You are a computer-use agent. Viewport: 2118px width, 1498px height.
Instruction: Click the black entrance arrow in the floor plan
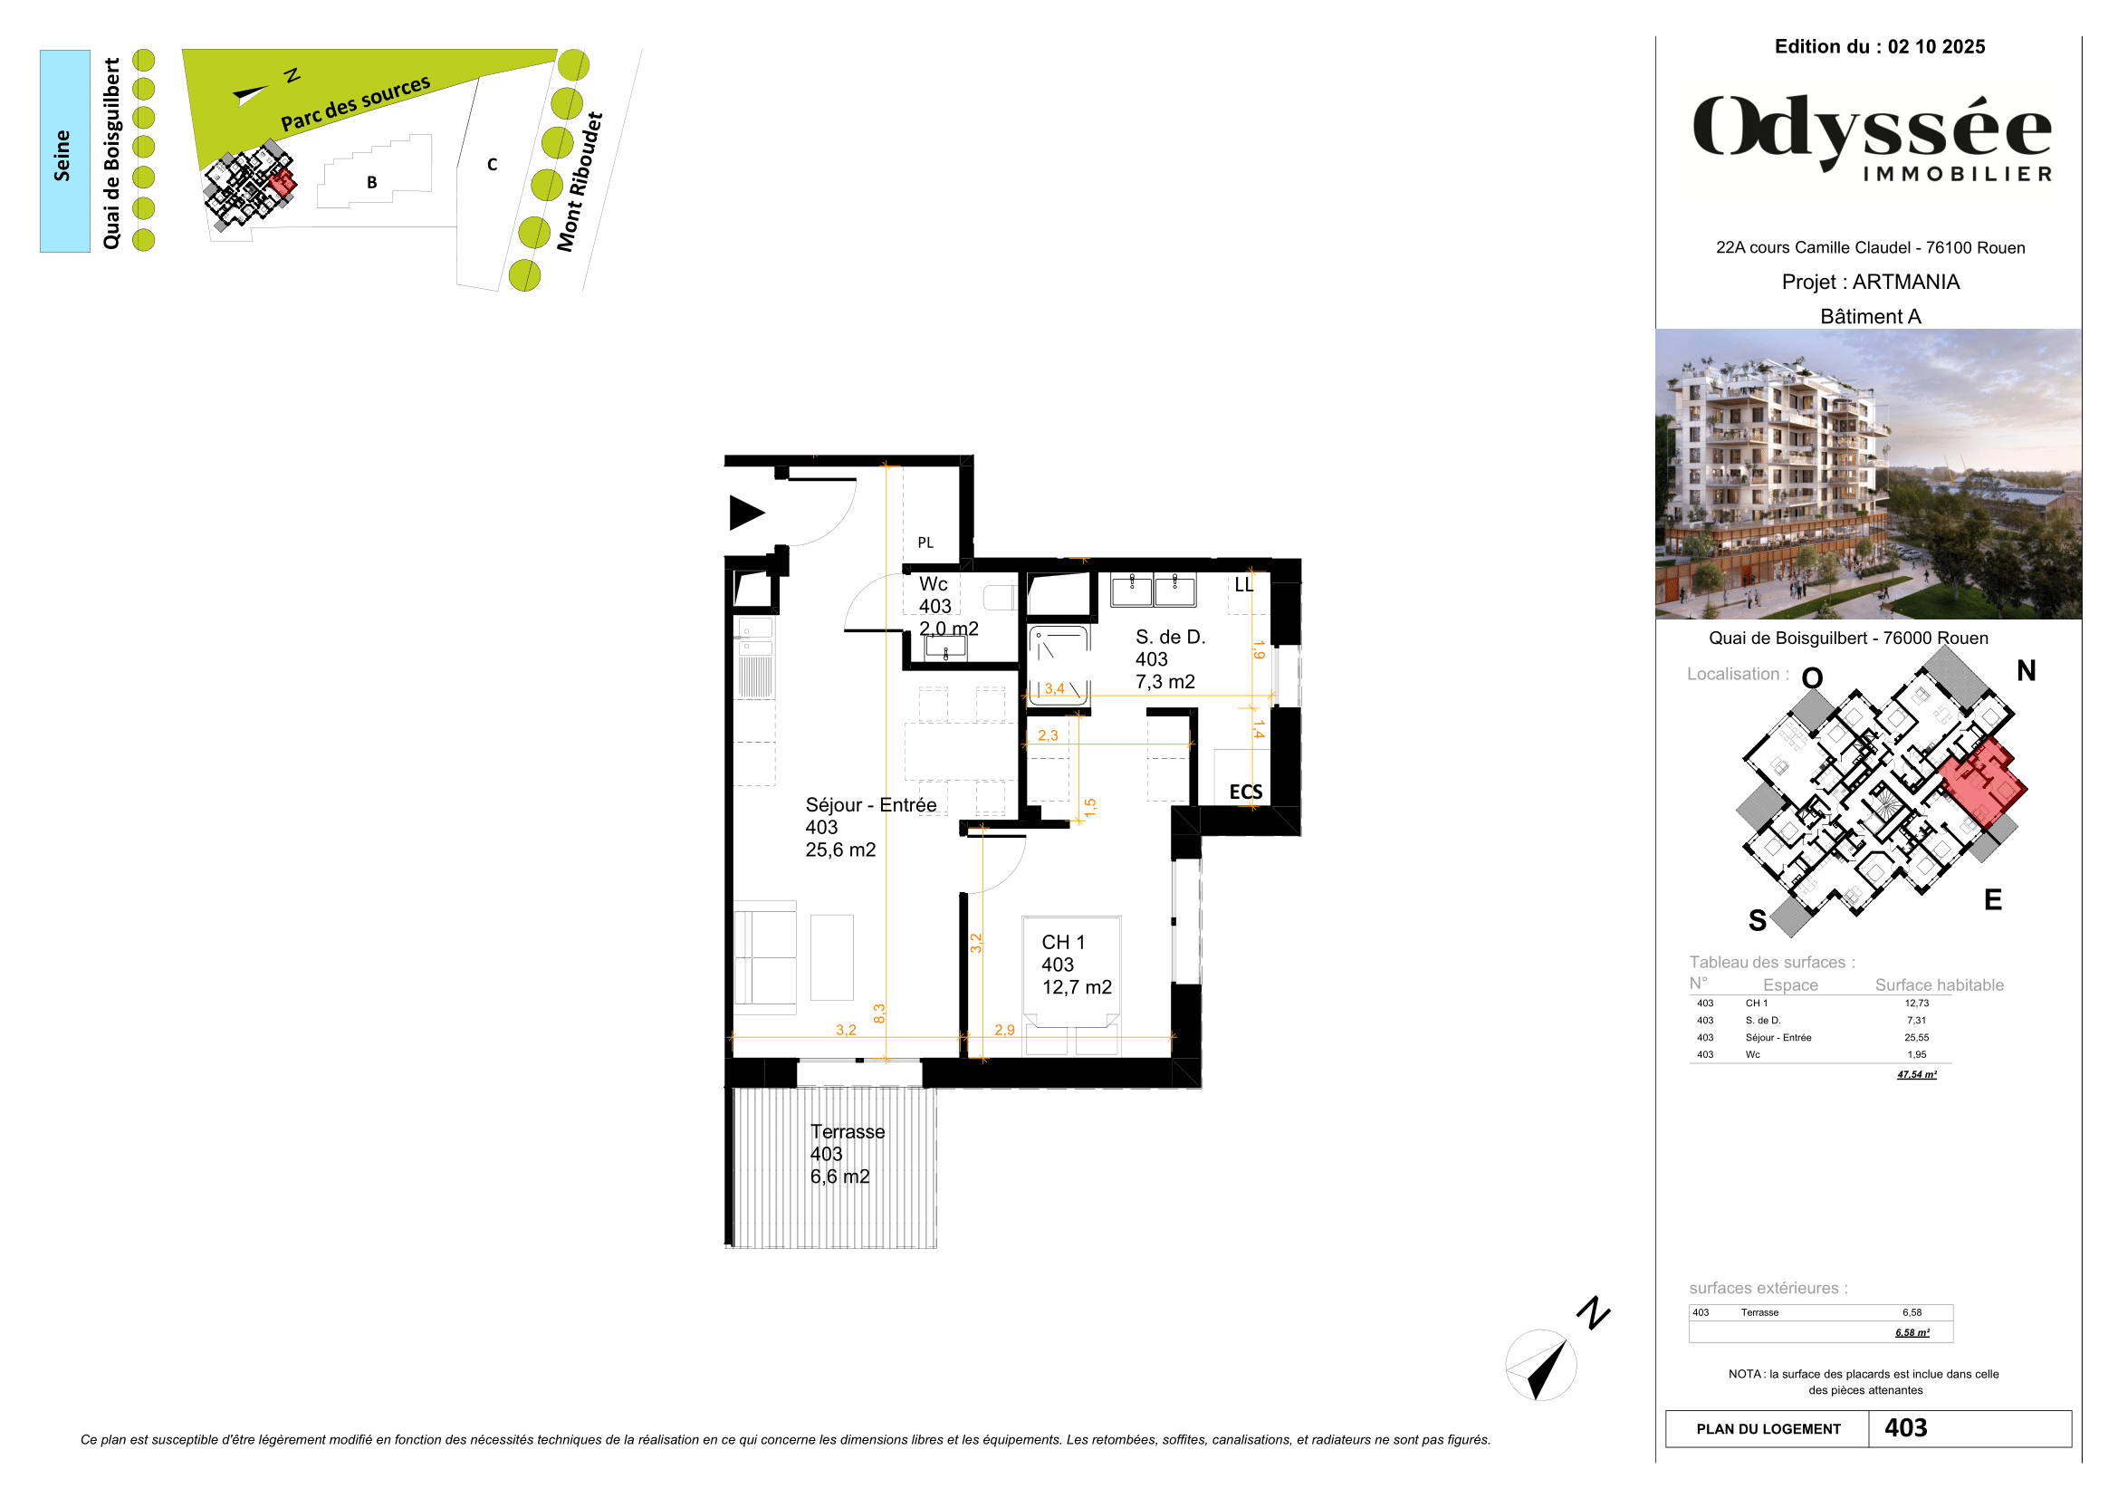(745, 513)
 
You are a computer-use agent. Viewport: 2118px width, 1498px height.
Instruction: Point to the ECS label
(1245, 792)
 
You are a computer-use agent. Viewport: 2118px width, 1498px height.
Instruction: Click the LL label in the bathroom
(1243, 585)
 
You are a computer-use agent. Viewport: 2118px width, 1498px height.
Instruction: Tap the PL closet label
(925, 543)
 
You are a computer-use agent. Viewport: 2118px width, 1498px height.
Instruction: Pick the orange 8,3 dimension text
(879, 1013)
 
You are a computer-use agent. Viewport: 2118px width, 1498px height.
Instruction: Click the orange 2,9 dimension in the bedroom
(1004, 1031)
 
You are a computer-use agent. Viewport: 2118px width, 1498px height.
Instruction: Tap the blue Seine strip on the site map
(64, 151)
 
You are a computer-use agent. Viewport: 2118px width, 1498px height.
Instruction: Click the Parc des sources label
(355, 103)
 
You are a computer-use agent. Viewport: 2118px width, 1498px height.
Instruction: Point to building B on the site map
(372, 183)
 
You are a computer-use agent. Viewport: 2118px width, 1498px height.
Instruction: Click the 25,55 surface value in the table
(1916, 1038)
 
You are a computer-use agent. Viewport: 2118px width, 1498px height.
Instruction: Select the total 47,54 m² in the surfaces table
(1916, 1075)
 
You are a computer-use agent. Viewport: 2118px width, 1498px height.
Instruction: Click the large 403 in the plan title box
(1905, 1428)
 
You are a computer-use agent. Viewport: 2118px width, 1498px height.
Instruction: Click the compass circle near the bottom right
(1540, 1365)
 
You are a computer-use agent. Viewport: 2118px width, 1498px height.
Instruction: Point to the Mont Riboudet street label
(580, 183)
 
